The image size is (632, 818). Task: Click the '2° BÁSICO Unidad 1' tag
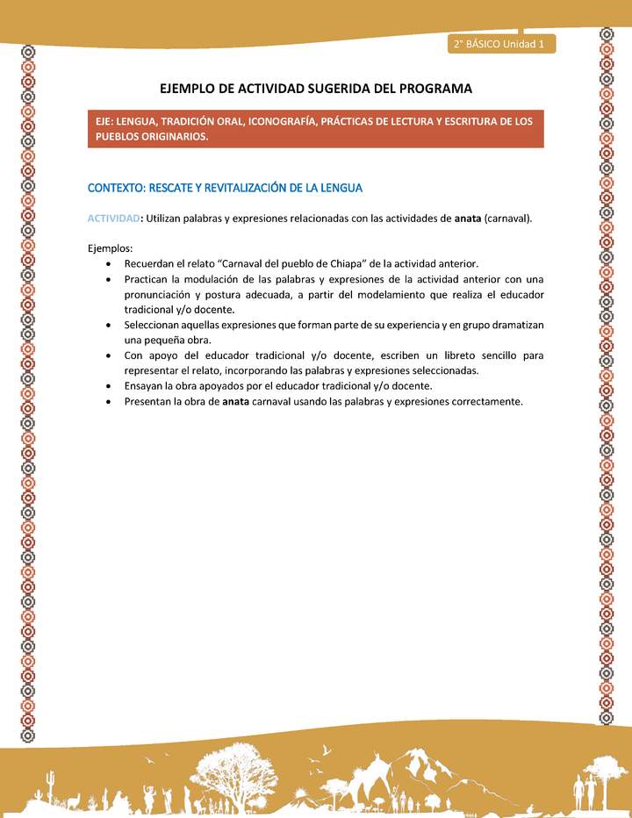(499, 43)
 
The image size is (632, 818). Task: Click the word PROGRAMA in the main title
(431, 89)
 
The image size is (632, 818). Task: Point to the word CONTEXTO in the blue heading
(115, 188)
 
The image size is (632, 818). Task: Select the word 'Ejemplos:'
(110, 248)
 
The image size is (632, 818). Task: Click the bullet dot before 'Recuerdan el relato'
(106, 263)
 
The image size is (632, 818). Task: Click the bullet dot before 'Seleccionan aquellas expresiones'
(106, 325)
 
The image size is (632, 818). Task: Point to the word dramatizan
(514, 325)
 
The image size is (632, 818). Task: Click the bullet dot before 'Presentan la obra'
(106, 401)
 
